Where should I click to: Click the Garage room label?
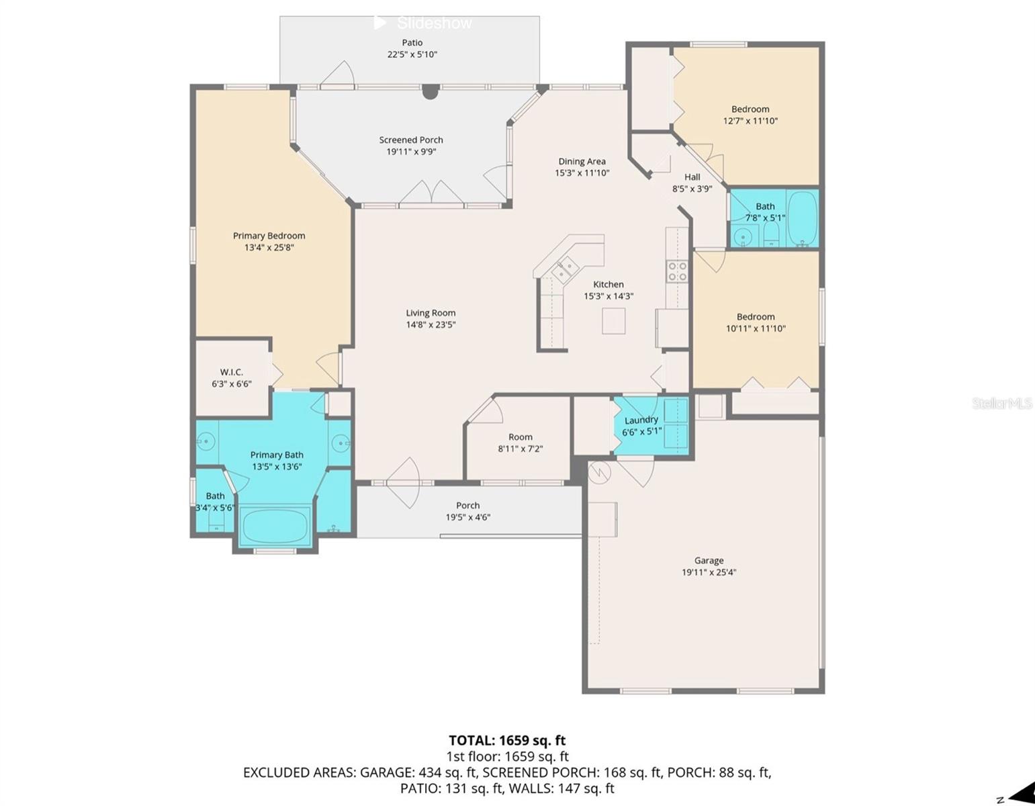(x=709, y=560)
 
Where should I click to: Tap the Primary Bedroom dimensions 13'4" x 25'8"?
(x=269, y=247)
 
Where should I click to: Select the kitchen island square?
(x=613, y=320)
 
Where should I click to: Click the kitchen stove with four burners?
(x=677, y=271)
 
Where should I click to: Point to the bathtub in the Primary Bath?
(x=275, y=526)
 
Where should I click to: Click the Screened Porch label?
(x=411, y=140)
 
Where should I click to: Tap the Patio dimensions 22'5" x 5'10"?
(x=412, y=54)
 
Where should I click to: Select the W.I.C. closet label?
(x=232, y=372)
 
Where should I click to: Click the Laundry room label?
(x=641, y=420)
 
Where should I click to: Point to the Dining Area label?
(x=582, y=161)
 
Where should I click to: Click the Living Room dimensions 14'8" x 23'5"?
(x=431, y=324)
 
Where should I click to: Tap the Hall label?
(x=692, y=177)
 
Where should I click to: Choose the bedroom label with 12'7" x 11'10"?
(x=750, y=109)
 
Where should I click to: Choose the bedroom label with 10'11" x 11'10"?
(x=756, y=316)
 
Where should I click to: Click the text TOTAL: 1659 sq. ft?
(x=507, y=740)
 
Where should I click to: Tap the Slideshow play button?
(x=379, y=23)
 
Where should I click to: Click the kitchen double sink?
(x=564, y=270)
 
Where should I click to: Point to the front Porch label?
(x=467, y=505)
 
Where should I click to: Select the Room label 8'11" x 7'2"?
(x=520, y=437)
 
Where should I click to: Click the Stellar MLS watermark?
(x=1001, y=403)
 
